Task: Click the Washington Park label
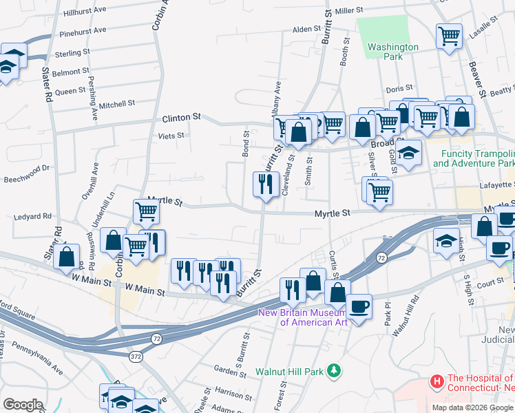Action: [x=392, y=52]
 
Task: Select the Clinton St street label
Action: [x=181, y=118]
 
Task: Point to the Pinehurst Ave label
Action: [x=83, y=31]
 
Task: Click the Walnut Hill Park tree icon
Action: [x=334, y=371]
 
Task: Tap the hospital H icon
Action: [x=436, y=381]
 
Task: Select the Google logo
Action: [x=23, y=404]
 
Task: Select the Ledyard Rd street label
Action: [x=32, y=216]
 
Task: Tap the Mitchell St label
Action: [x=116, y=104]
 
